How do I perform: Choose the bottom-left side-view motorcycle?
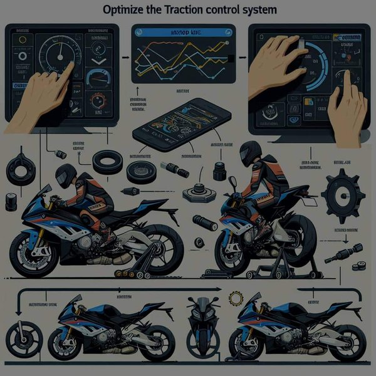tap(107, 326)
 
